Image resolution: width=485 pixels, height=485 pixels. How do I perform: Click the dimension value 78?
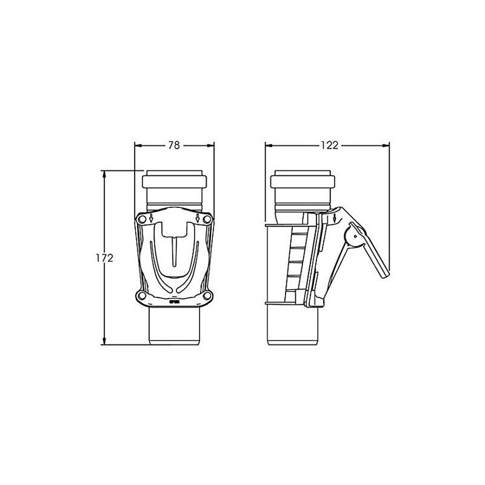point(174,145)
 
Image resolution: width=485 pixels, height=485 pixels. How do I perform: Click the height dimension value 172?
point(105,258)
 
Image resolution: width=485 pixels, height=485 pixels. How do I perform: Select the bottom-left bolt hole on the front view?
point(142,296)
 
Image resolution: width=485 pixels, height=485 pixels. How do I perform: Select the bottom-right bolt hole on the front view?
point(208,296)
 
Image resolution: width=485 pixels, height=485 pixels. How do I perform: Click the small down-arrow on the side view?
point(335,218)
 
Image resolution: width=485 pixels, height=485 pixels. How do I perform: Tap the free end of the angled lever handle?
point(383,275)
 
